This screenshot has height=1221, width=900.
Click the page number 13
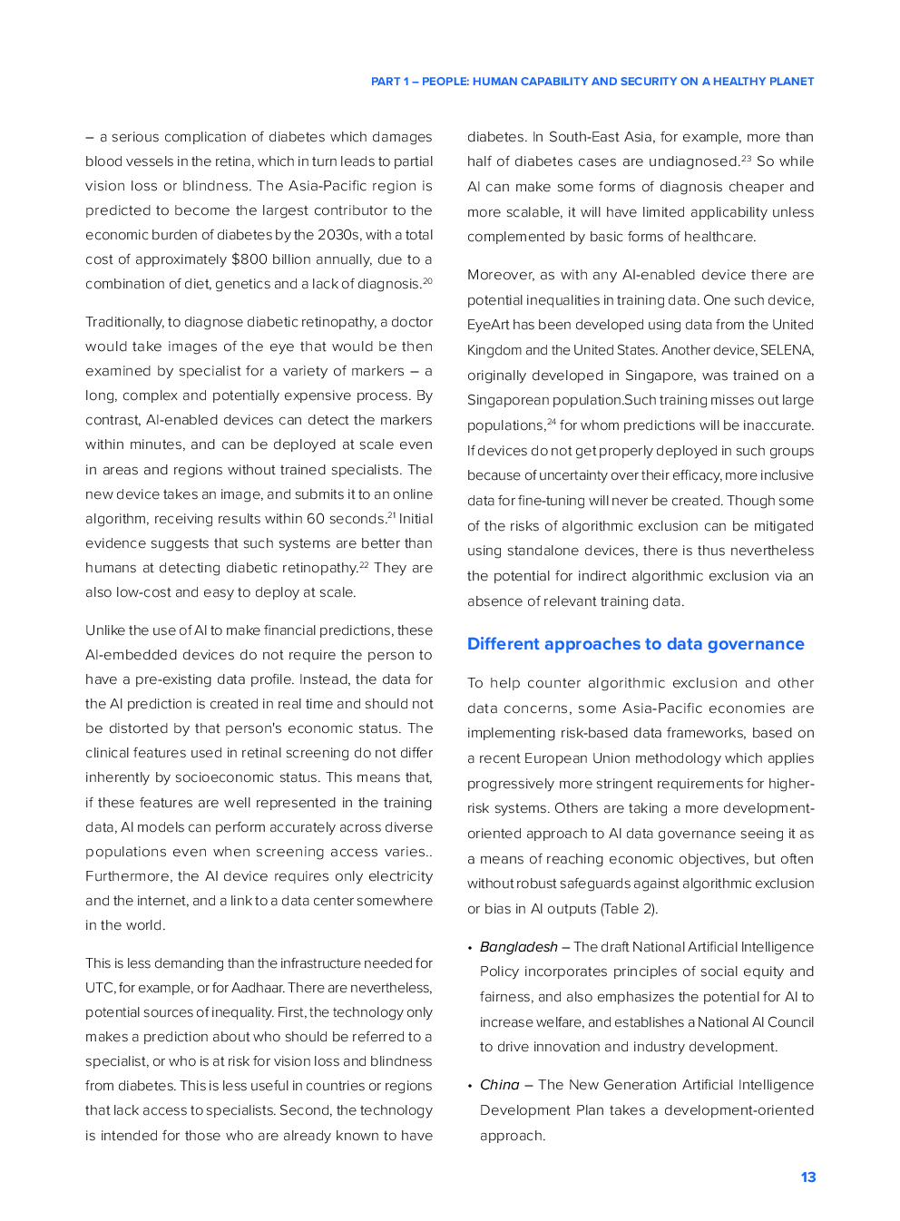click(807, 1177)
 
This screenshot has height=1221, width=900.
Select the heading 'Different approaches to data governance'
click(635, 644)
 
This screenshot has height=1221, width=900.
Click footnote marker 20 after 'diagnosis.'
click(428, 281)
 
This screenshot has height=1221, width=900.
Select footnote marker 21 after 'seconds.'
click(392, 515)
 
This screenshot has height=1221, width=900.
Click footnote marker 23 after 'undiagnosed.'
click(747, 159)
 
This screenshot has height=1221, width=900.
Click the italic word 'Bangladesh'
click(518, 947)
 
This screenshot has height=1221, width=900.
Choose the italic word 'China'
click(499, 1085)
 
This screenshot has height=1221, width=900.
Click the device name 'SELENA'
click(787, 350)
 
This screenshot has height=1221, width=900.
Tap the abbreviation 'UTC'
click(100, 988)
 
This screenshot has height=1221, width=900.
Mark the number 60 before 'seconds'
click(315, 519)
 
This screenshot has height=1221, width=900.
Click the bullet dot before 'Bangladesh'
click(470, 948)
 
